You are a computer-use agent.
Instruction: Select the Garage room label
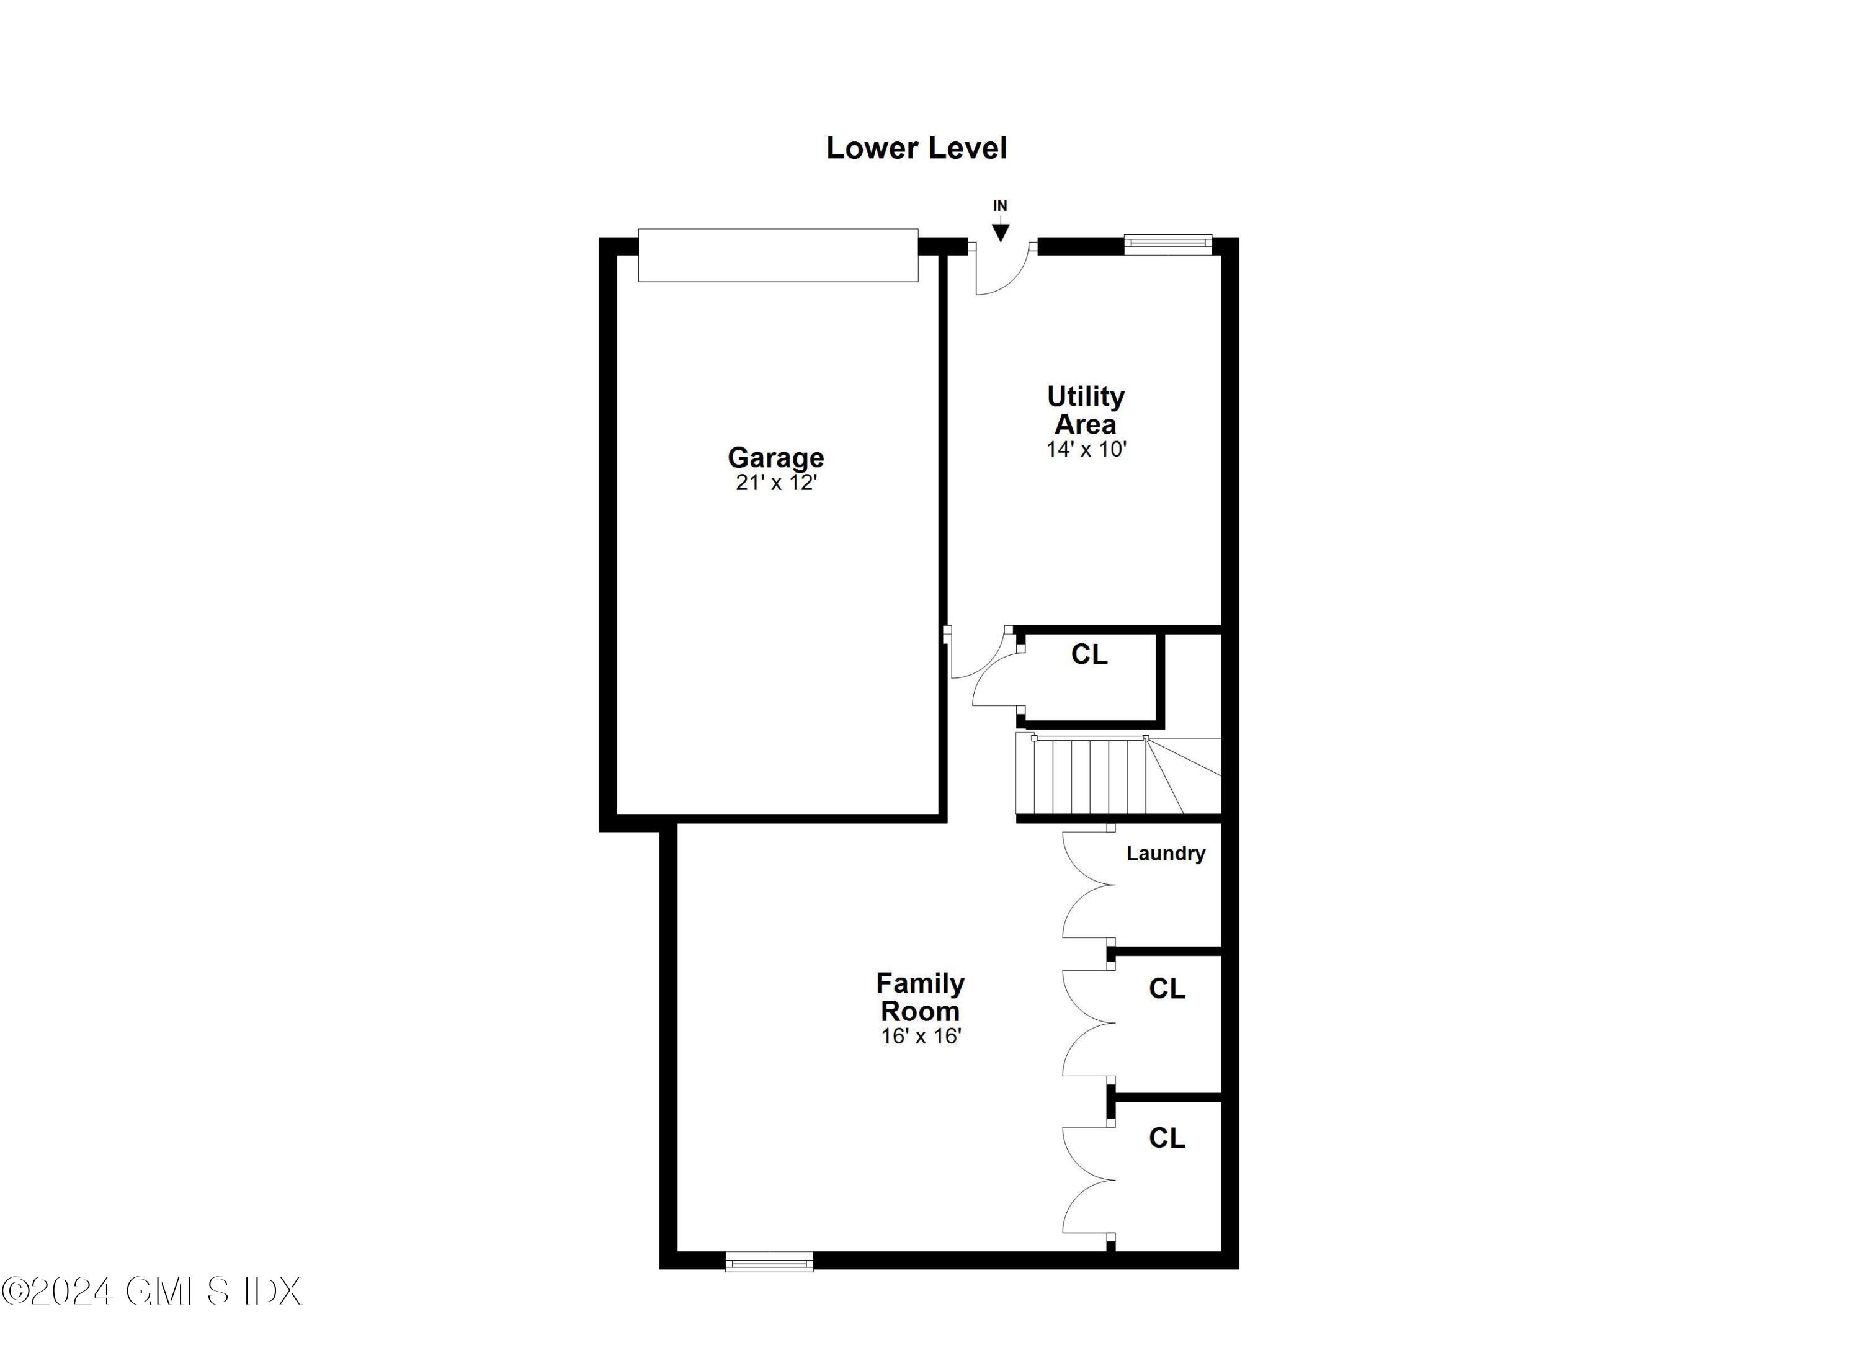tap(775, 457)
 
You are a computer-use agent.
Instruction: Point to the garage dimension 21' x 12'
tap(775, 483)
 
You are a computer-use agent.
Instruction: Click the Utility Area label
tap(1085, 410)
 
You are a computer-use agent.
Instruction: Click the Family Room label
tap(920, 996)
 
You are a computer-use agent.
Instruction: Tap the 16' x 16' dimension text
tap(921, 1036)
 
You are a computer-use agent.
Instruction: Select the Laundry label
tap(1165, 854)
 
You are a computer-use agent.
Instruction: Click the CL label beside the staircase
tap(1089, 654)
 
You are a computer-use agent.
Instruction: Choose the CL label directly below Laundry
tap(1167, 989)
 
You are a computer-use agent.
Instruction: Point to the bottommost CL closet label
tap(1167, 1137)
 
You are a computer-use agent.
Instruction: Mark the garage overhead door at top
tap(778, 255)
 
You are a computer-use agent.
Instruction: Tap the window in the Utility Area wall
tap(1167, 244)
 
